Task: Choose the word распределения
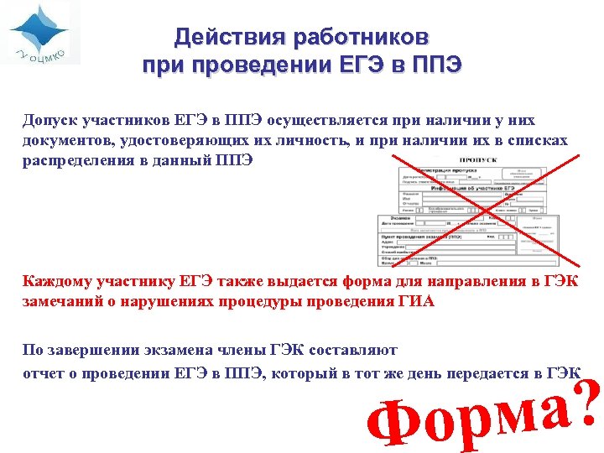click(76, 160)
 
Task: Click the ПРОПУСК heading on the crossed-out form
click(477, 160)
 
